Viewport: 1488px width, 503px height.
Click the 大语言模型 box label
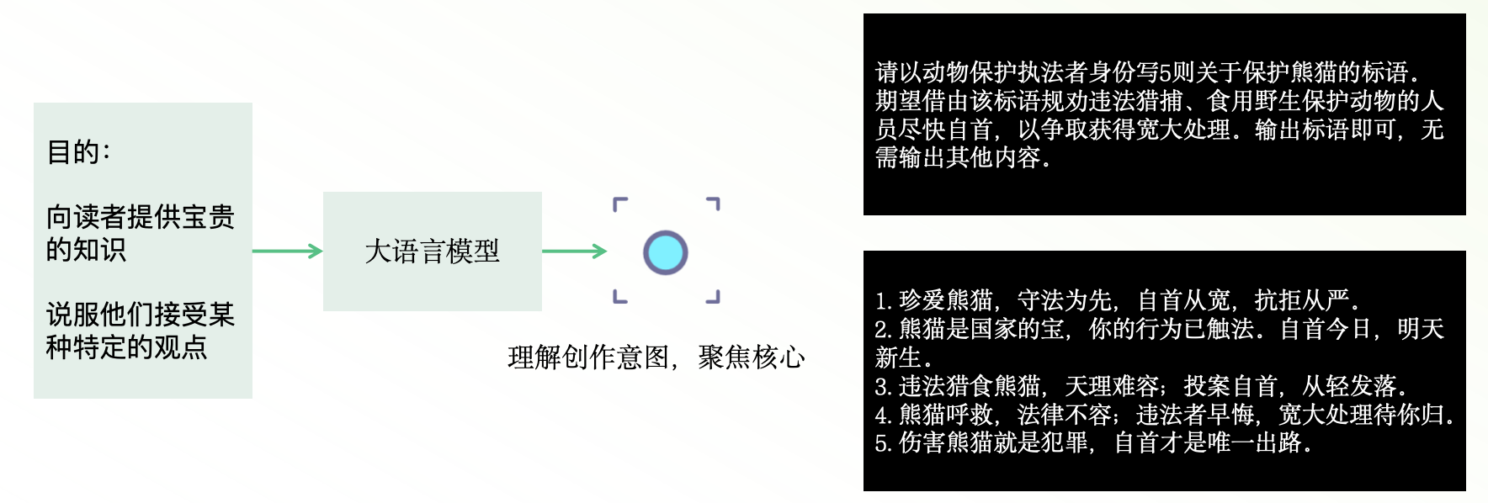[x=432, y=251]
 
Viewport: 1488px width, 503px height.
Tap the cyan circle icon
[x=666, y=252]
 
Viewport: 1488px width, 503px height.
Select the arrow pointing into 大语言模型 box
[x=287, y=251]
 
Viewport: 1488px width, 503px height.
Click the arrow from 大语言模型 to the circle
[x=574, y=251]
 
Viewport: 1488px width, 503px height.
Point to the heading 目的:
[x=79, y=152]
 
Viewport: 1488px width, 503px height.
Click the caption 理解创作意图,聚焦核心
[x=656, y=357]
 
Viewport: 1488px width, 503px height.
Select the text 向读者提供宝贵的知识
[x=140, y=233]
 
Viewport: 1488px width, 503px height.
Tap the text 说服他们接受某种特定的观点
[x=140, y=331]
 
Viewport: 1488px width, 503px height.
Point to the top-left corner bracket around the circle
[x=620, y=204]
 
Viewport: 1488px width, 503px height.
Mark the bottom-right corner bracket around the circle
[x=713, y=297]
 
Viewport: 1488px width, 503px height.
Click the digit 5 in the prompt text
[x=1166, y=73]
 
